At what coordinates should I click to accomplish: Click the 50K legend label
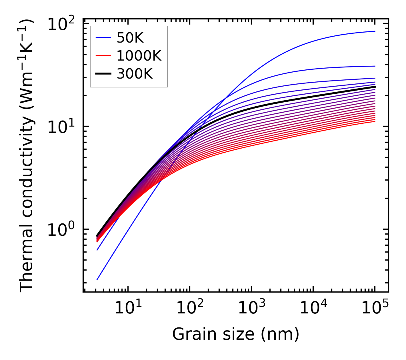click(x=130, y=38)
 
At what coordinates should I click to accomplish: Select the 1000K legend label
click(x=139, y=56)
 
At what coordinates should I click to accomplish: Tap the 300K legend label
click(x=135, y=74)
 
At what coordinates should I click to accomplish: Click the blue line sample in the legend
click(x=103, y=38)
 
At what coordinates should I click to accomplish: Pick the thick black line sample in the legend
click(x=103, y=74)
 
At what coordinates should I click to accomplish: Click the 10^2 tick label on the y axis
click(x=61, y=25)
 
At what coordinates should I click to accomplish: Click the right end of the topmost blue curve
click(x=375, y=31)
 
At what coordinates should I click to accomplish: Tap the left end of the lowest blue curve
click(x=97, y=280)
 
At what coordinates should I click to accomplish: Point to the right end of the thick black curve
click(x=375, y=87)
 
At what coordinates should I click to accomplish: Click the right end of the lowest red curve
click(x=375, y=122)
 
